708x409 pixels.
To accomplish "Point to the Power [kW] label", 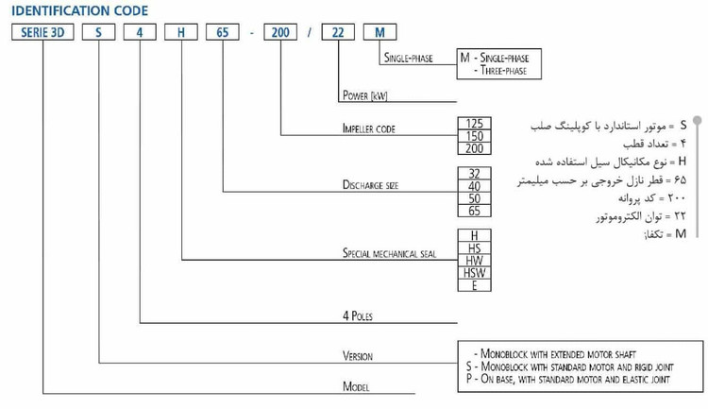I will tap(365, 96).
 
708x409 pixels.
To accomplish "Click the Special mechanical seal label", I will tap(387, 254).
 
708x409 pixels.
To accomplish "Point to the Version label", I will tap(357, 356).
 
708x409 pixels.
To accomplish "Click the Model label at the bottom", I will tap(356, 386).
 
